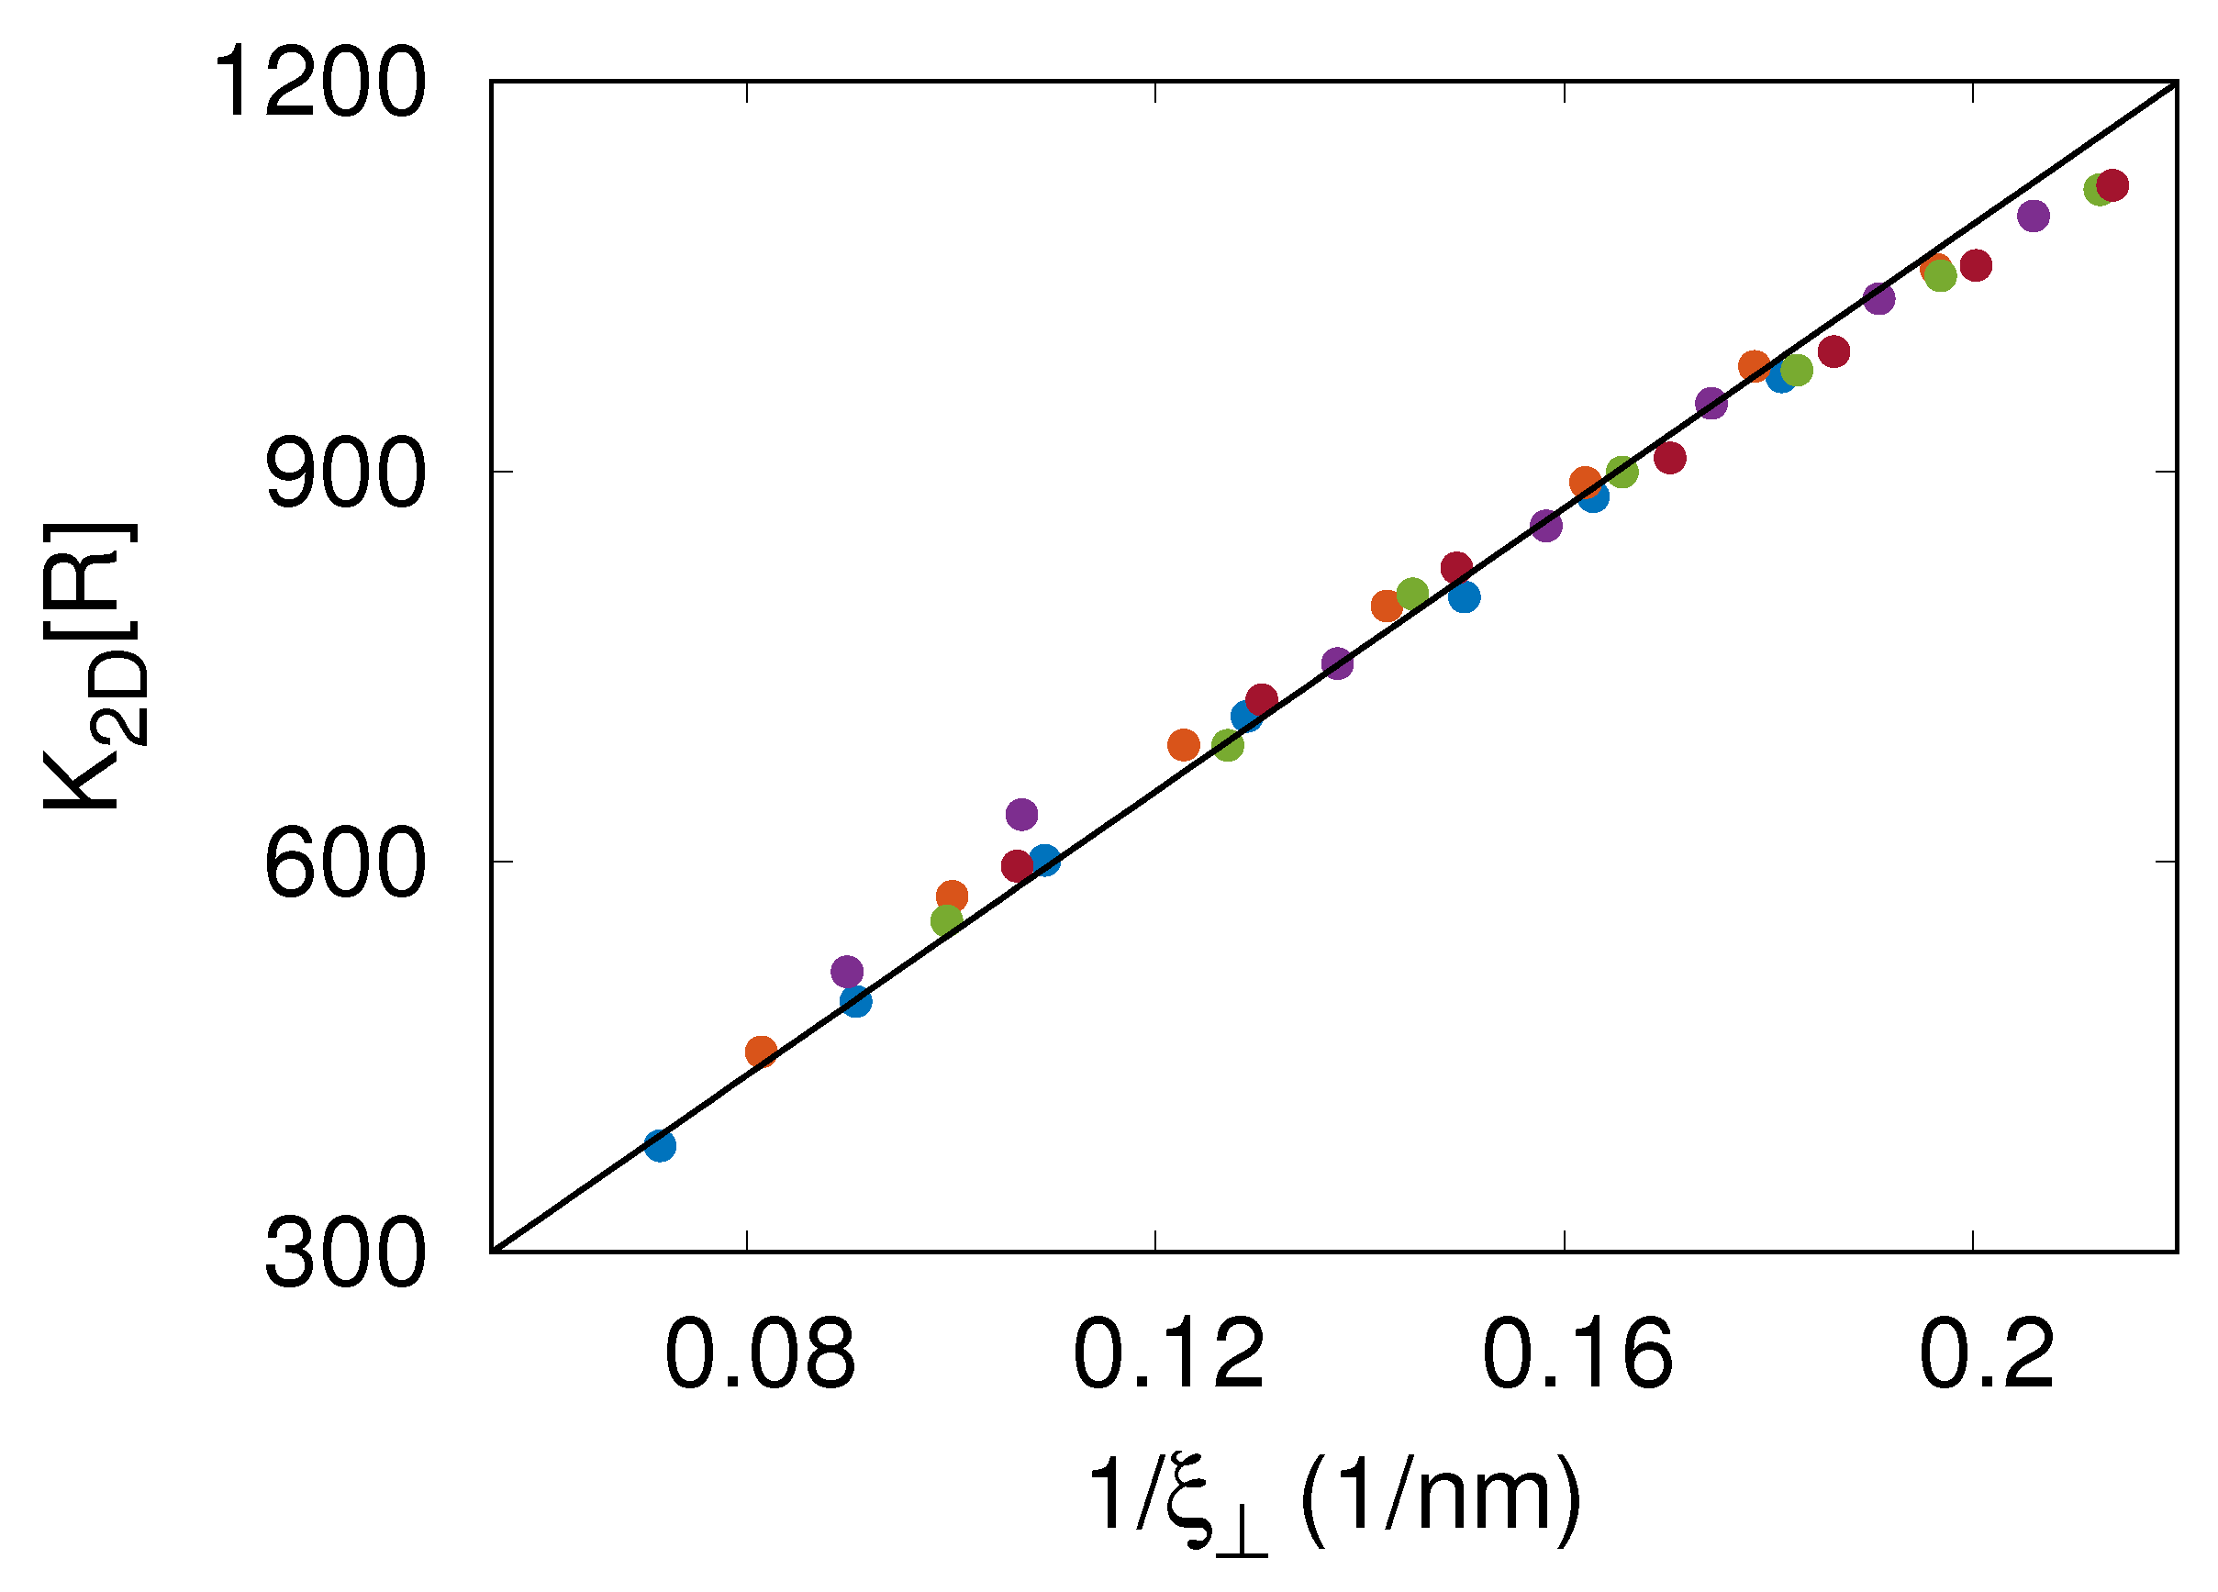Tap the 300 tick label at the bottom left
click(x=345, y=1254)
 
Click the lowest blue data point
click(x=660, y=1145)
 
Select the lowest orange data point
click(x=761, y=1052)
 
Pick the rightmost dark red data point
click(x=2112, y=184)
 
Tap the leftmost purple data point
click(x=847, y=972)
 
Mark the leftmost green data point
click(x=947, y=920)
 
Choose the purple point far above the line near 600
click(x=1021, y=814)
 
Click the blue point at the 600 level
click(x=1044, y=862)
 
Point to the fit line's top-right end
click(x=2176, y=84)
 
